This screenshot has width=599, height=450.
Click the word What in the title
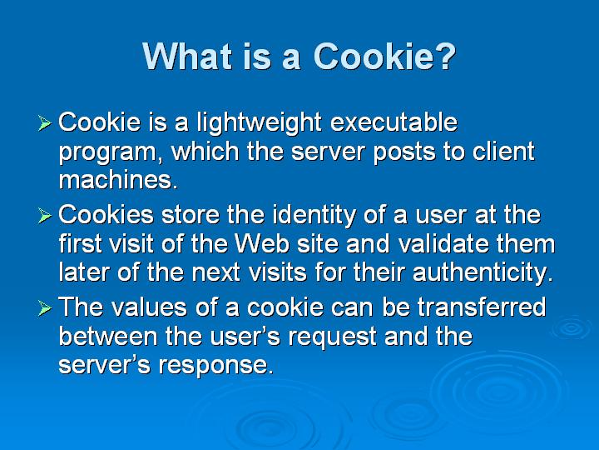pos(187,56)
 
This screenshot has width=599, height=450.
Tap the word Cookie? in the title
pos(384,56)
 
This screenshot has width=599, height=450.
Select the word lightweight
pos(259,123)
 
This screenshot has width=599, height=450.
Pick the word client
pos(503,151)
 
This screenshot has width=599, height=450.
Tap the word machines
pos(118,179)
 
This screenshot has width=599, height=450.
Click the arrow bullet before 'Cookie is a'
pos(45,123)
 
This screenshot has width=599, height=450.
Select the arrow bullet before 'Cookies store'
pos(45,216)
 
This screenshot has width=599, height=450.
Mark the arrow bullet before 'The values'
pos(45,308)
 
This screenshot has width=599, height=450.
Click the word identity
pos(314,216)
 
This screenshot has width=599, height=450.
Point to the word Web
pos(262,243)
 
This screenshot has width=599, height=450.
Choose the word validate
pos(443,243)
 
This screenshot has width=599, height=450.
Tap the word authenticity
pos(483,273)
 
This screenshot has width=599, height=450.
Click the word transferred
pos(481,307)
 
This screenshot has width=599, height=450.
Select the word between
pos(108,336)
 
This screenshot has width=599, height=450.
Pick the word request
pos(332,337)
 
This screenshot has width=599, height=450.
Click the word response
pos(216,366)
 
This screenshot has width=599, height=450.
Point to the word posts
pos(404,152)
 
